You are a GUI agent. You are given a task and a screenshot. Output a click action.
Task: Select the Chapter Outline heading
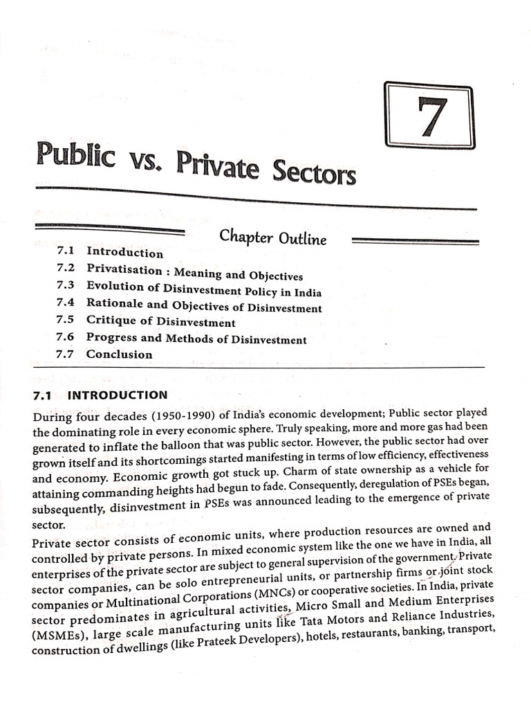click(x=272, y=237)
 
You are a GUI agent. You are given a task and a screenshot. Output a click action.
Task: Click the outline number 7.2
click(x=67, y=267)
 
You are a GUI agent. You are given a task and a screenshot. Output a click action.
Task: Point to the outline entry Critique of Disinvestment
click(x=160, y=321)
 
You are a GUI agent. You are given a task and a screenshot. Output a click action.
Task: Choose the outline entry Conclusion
click(x=119, y=354)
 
